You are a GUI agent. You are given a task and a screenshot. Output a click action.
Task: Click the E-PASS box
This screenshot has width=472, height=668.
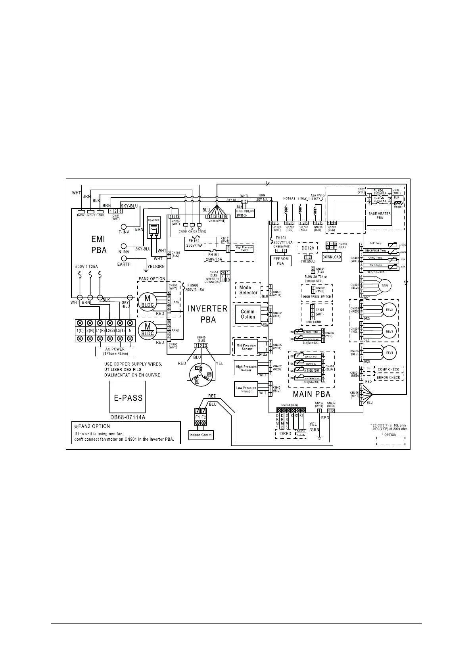128,398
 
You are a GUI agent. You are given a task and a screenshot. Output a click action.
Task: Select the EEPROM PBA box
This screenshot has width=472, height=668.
280,261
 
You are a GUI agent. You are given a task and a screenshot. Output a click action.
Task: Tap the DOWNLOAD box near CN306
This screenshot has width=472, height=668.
332,257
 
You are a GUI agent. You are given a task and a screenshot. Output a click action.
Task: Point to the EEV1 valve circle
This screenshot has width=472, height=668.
384,286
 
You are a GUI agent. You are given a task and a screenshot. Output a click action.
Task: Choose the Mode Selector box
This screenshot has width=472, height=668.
248,290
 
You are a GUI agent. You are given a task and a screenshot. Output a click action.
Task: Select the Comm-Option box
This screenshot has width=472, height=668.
248,314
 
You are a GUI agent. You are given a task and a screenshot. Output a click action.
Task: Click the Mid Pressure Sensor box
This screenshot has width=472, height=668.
246,347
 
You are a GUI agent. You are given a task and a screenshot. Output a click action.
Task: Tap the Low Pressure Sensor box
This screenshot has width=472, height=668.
246,390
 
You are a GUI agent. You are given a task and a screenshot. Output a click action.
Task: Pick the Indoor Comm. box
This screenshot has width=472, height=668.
201,435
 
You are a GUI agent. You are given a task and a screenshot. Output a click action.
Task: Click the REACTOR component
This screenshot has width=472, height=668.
153,228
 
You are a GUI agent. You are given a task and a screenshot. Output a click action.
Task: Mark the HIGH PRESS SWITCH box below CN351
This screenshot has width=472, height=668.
244,213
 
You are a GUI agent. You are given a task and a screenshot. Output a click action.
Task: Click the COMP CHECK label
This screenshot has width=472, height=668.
388,369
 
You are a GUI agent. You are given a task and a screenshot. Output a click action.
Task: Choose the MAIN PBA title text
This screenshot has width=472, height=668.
311,394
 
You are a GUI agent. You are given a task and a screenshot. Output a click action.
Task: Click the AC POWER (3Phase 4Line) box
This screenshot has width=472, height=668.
115,351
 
